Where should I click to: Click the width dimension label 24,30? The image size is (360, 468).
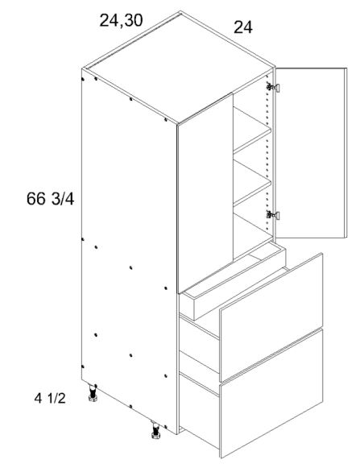click(122, 21)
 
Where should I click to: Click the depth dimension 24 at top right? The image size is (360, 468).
click(243, 28)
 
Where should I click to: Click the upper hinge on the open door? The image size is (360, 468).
click(273, 87)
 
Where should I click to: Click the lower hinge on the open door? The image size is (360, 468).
click(273, 214)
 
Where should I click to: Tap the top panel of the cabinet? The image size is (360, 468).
click(177, 68)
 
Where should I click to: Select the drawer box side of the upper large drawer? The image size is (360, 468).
click(198, 338)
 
